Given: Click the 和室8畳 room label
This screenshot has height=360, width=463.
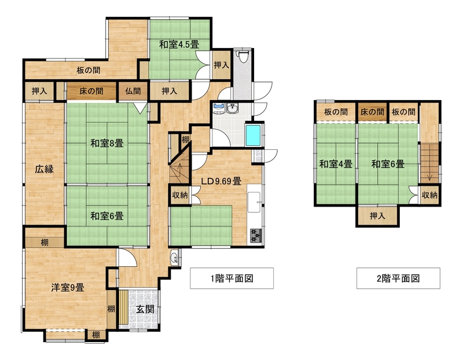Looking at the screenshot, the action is click(107, 144).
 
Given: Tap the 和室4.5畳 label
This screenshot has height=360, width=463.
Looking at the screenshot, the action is click(179, 45).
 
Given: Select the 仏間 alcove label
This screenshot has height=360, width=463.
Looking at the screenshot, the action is click(133, 91).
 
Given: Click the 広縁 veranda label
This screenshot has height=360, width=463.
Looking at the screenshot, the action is click(45, 169).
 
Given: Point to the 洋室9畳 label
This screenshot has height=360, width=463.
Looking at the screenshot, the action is click(68, 287).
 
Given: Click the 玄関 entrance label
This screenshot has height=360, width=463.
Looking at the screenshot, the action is click(145, 309).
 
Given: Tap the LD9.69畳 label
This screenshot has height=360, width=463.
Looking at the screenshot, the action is click(221, 181).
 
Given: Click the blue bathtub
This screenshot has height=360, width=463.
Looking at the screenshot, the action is click(253, 135).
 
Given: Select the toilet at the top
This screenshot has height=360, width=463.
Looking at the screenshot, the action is click(243, 56).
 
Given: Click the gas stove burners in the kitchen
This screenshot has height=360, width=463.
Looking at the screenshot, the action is click(256, 236).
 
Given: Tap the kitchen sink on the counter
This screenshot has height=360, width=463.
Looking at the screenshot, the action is click(254, 202).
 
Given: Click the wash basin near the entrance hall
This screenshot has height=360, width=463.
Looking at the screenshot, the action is click(174, 258).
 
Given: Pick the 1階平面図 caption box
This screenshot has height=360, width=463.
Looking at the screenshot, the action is click(232, 278).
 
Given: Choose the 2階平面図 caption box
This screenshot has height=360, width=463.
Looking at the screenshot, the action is click(398, 278).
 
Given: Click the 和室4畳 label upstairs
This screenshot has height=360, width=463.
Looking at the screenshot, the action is click(336, 164).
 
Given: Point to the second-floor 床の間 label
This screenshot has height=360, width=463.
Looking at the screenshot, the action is click(372, 112).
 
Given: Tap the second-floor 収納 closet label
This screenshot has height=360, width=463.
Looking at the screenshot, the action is click(429, 195).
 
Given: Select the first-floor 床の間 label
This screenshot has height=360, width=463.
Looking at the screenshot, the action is click(91, 91).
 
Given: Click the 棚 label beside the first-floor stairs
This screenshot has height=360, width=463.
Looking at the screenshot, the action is click(185, 139).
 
